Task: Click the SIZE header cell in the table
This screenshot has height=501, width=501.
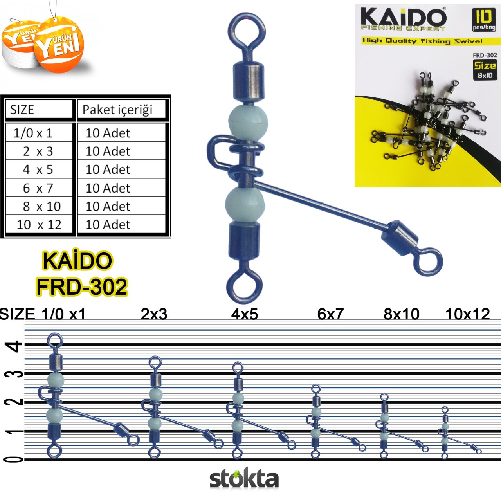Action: tap(22, 110)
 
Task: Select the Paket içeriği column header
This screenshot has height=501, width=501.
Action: tap(117, 110)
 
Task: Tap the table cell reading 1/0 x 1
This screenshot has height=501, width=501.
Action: tap(33, 133)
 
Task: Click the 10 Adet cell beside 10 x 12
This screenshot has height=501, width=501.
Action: tap(108, 225)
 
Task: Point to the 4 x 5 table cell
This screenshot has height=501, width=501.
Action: tap(38, 169)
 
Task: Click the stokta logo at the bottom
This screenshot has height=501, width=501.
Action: tap(244, 479)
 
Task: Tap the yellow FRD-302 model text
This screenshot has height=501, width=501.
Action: tap(82, 287)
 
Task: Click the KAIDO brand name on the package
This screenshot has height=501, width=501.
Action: tap(403, 17)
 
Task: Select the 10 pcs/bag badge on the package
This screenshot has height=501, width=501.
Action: tap(484, 20)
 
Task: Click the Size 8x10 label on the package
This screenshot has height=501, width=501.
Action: tap(485, 70)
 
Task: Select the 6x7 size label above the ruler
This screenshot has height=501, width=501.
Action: tap(330, 314)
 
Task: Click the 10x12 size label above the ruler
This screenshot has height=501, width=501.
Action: tap(468, 314)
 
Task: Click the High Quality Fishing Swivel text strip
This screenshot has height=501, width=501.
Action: tap(422, 41)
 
